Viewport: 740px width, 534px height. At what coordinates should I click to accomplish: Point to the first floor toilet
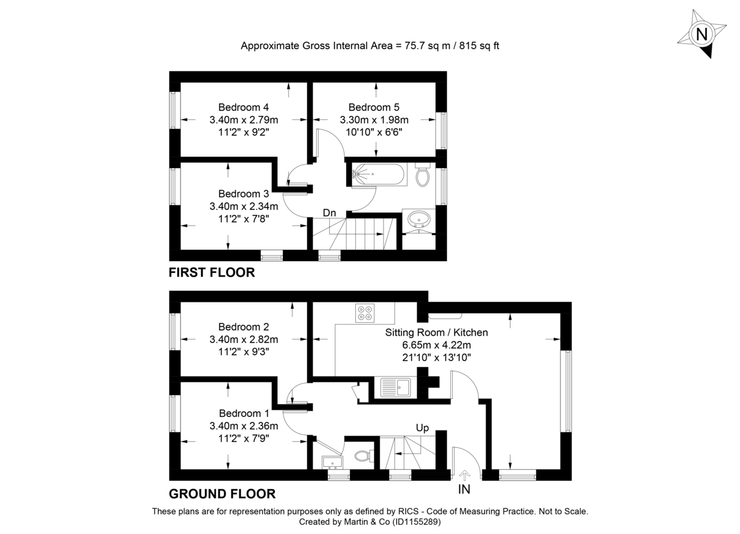tap(422, 175)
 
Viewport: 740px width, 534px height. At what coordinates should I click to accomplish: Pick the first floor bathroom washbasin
tap(420, 220)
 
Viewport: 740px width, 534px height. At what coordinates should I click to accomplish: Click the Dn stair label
tap(330, 213)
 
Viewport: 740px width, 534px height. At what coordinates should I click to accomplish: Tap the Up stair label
tap(422, 427)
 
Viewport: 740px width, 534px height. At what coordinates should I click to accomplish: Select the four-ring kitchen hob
tap(364, 313)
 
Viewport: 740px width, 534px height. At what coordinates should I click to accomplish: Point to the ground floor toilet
tap(363, 456)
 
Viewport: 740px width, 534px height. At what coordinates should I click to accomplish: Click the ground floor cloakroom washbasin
tap(332, 462)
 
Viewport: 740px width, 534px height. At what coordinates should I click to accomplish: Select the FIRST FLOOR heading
tap(212, 272)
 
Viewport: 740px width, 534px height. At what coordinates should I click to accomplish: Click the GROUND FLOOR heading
tap(222, 493)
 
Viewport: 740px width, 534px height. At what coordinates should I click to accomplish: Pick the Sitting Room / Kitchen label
tap(437, 333)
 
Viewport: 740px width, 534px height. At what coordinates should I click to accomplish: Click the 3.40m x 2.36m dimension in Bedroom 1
tap(244, 426)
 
